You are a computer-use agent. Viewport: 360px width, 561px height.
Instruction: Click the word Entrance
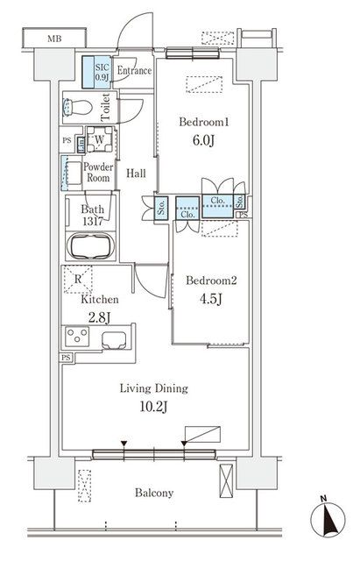coord(134,71)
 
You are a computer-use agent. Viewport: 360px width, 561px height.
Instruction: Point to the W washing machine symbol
coord(98,141)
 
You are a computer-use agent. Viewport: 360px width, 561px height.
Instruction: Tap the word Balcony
coord(154,493)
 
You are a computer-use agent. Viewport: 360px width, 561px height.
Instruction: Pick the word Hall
coord(135,174)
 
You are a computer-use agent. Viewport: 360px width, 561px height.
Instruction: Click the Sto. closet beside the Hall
coord(162,209)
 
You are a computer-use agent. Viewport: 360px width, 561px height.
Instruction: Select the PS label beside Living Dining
coord(66,358)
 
